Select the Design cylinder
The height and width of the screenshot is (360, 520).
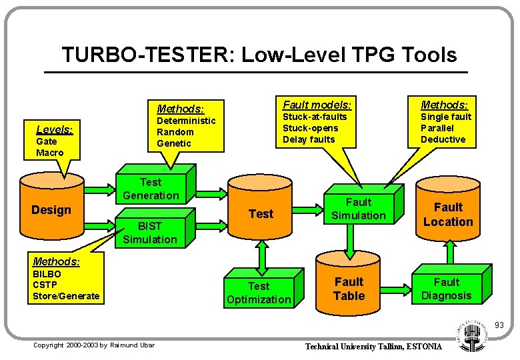(51, 210)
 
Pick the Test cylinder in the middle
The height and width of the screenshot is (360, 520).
(261, 214)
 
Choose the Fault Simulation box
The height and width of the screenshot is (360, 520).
(358, 209)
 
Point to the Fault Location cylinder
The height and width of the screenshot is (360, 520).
(448, 215)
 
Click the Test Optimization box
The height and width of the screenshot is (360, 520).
(259, 293)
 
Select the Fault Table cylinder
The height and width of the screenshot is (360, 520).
(349, 289)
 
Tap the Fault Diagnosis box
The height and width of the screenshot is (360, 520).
(447, 289)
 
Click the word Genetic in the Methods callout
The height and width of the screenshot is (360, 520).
(173, 143)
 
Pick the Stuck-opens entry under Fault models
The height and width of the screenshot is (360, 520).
(310, 128)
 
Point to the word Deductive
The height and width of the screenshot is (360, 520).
(443, 139)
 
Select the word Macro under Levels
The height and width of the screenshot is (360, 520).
(50, 153)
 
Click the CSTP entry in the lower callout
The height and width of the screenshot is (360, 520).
(45, 285)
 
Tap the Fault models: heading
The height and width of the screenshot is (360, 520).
(317, 105)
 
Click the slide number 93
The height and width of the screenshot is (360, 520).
(499, 325)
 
